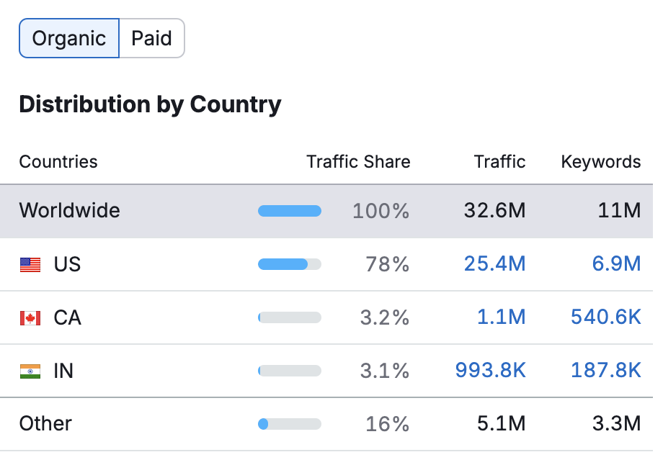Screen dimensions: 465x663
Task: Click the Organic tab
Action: pyautogui.click(x=69, y=38)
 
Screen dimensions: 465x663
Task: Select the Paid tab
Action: pyautogui.click(x=151, y=38)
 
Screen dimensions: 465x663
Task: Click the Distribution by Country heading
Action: pyautogui.click(x=150, y=104)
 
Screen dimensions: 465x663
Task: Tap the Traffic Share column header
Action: pyautogui.click(x=358, y=162)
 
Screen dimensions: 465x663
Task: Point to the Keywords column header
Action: pyautogui.click(x=600, y=162)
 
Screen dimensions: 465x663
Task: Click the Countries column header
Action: pyautogui.click(x=58, y=162)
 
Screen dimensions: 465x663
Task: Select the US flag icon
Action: pyautogui.click(x=30, y=265)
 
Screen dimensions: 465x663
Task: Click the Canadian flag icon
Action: pyautogui.click(x=30, y=317)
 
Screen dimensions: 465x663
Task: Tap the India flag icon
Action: pyautogui.click(x=30, y=371)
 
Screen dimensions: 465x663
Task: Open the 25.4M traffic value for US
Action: pyautogui.click(x=494, y=265)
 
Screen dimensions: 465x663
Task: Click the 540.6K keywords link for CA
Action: pyautogui.click(x=605, y=317)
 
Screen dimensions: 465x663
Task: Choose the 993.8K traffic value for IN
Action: pyautogui.click(x=490, y=371)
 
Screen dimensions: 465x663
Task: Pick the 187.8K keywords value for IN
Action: pyautogui.click(x=605, y=371)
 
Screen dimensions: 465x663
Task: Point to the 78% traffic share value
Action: pyautogui.click(x=387, y=265)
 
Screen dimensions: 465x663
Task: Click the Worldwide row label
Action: pyautogui.click(x=70, y=211)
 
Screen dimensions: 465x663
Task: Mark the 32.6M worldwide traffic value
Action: pyautogui.click(x=494, y=211)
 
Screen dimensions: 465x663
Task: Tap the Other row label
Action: pyautogui.click(x=45, y=423)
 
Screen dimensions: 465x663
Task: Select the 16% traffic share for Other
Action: pyautogui.click(x=387, y=424)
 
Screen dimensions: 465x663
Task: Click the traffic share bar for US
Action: pyautogui.click(x=289, y=265)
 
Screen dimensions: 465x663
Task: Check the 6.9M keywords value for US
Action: pyautogui.click(x=616, y=265)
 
